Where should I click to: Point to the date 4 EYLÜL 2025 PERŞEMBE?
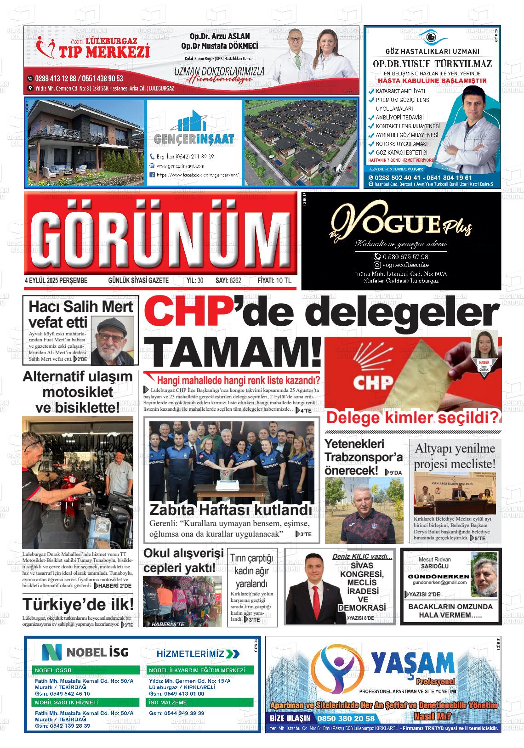[x=56, y=281]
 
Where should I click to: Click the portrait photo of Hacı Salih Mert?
[x=112, y=340]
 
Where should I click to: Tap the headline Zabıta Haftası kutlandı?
[x=230, y=510]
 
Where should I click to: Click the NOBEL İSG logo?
[x=85, y=652]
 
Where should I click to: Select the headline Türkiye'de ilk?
[x=78, y=604]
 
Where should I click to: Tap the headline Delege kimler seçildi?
[x=412, y=418]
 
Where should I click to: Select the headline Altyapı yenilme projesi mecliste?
[x=455, y=456]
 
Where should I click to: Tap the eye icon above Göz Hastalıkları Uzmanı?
[x=431, y=36]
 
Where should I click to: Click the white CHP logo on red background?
[x=373, y=381]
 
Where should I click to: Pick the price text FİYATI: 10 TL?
[x=274, y=281]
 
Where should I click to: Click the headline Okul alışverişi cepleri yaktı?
[x=183, y=560]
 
